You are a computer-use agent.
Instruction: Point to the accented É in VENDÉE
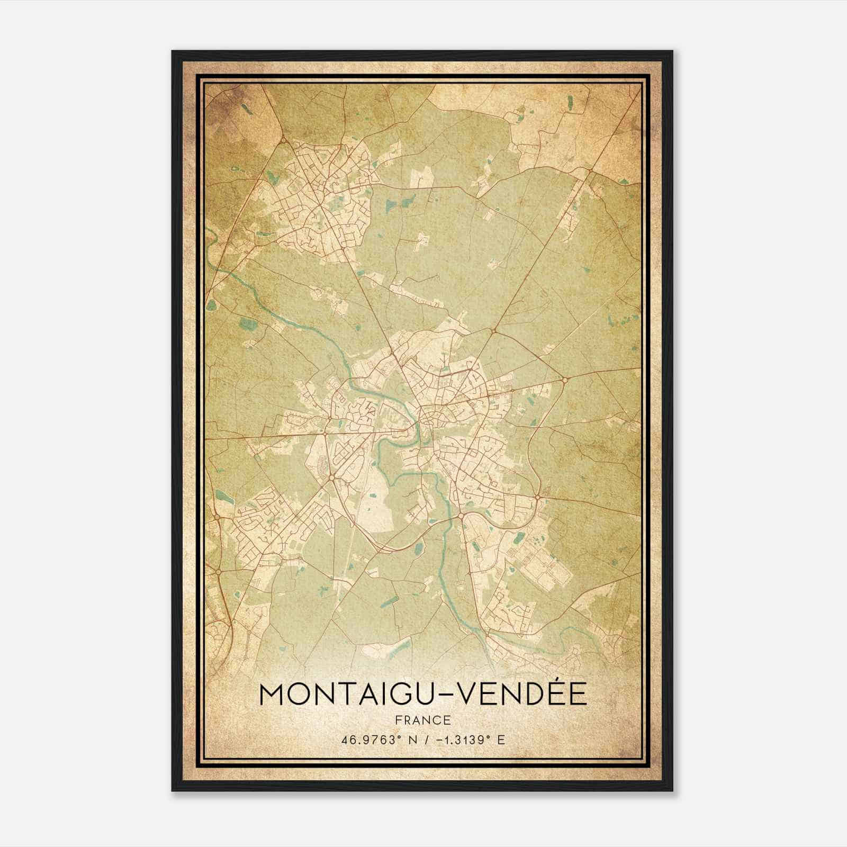[x=554, y=693]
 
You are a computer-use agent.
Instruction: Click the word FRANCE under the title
[x=423, y=720]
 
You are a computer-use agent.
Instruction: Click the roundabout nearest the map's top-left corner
[x=283, y=139]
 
